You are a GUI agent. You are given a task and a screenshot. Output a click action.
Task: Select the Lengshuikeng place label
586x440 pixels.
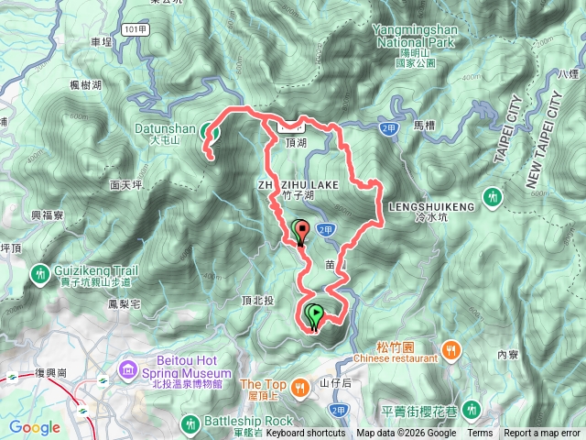coord(432,207)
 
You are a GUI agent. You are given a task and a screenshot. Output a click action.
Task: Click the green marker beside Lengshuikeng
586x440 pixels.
coord(493,196)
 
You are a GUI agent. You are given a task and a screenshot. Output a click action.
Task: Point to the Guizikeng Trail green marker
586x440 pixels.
coord(40,272)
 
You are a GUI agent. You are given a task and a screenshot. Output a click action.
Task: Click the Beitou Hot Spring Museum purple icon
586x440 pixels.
coord(126,369)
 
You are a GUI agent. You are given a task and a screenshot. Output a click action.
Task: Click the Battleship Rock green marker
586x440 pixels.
coord(190,423)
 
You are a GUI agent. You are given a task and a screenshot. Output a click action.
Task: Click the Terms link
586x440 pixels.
coord(480,434)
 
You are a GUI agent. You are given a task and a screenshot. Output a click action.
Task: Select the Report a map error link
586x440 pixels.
coord(542,434)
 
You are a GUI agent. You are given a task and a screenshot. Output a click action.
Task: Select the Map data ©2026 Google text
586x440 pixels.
coord(406,434)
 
